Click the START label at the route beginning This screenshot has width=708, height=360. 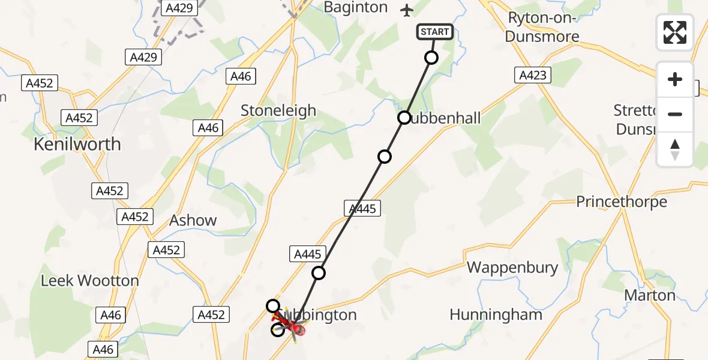coord(434,32)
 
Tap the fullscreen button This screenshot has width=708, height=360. coord(675,32)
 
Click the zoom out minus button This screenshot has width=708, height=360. coord(675,114)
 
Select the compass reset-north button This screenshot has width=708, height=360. coord(675,149)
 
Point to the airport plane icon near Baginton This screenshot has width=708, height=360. coord(407,10)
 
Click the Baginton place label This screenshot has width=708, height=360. coord(355,8)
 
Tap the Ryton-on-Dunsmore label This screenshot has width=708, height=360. coord(542,27)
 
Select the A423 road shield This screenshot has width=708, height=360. coord(532,75)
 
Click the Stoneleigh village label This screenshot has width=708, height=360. coord(278,110)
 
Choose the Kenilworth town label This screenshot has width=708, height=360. coord(77,145)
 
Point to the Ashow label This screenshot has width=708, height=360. coord(193,220)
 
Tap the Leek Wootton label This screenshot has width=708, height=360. coord(89,280)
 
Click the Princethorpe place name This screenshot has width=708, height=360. coord(621,202)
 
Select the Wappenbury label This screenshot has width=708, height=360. coord(512,267)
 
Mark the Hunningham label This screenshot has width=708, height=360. coord(496,314)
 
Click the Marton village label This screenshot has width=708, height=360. coord(650,295)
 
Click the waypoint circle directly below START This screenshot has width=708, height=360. coord(431,58)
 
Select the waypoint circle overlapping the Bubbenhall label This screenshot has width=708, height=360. coord(404,118)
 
